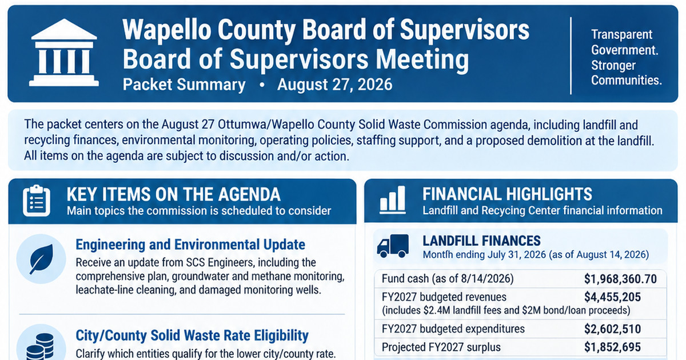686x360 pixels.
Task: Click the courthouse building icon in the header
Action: pos(64,53)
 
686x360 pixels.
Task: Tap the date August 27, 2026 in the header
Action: pos(334,85)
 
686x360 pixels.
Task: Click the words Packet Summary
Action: pos(184,85)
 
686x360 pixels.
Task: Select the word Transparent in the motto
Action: pos(621,34)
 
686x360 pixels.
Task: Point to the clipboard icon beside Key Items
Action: pos(37,201)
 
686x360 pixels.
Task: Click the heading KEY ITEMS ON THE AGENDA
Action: pos(173,194)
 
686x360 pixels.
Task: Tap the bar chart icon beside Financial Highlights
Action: pos(392,199)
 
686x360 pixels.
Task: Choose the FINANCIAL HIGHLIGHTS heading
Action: pos(507,194)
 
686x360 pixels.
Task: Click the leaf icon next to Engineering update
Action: pos(41,259)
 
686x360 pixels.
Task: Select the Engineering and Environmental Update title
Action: pos(190,245)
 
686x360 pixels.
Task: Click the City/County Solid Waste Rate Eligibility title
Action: pos(192,335)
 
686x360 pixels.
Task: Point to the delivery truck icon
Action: pos(393,246)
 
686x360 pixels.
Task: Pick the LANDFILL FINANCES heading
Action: pos(481,241)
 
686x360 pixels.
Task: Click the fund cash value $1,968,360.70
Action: pos(620,279)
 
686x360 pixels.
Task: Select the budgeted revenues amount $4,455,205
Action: pos(612,297)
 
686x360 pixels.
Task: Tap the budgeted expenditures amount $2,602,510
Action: pos(612,329)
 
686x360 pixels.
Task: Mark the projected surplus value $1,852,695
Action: pos(612,347)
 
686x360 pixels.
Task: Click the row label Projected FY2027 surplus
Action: pos(441,347)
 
